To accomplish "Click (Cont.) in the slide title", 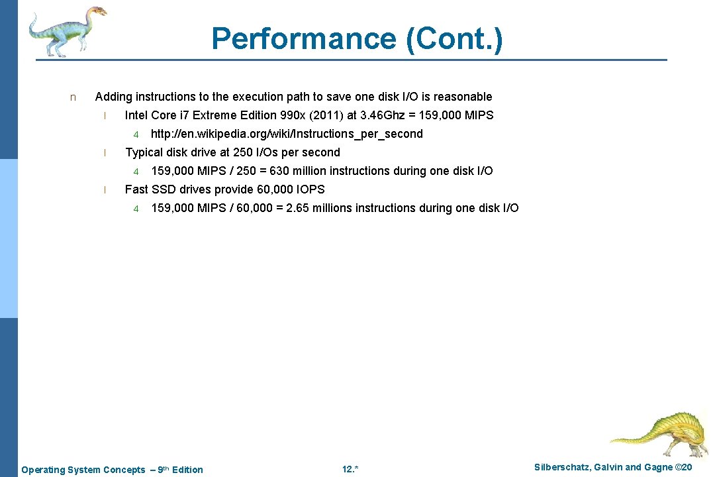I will point(454,39).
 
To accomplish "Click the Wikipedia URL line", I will point(287,134).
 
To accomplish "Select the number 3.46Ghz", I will point(387,115).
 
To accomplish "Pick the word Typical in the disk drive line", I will point(144,152).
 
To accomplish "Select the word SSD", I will point(164,189).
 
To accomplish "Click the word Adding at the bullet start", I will point(114,97).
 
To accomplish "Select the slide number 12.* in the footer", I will point(350,470).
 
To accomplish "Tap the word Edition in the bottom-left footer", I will point(187,470).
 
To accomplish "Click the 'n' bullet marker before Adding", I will point(73,97).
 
